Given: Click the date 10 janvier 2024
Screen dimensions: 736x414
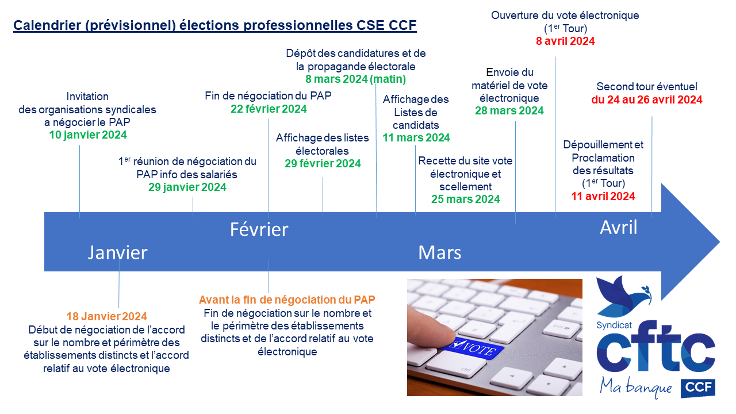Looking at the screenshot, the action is click(88, 135).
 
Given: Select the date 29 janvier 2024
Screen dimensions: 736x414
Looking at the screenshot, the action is click(187, 187).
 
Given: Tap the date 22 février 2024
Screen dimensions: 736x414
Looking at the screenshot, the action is click(269, 109).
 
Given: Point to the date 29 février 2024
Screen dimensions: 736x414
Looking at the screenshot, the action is click(323, 163).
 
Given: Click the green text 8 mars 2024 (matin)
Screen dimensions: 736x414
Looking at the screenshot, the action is click(356, 79).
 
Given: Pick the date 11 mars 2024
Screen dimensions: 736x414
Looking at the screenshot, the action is click(416, 137).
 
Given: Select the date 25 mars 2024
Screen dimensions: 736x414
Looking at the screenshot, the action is click(466, 199).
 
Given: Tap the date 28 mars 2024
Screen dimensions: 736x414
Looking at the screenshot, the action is click(509, 110).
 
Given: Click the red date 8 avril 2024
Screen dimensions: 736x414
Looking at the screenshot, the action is click(565, 41).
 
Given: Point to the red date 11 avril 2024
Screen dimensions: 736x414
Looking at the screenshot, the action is click(603, 196).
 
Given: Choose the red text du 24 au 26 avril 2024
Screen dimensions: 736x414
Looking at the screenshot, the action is click(647, 99).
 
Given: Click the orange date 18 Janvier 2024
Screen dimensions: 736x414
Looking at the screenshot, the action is click(107, 316).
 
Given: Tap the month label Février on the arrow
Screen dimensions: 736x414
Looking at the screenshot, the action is click(259, 229).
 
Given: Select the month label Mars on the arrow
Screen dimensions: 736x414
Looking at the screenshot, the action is click(440, 252).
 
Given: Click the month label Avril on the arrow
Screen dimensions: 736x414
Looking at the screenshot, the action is click(619, 227).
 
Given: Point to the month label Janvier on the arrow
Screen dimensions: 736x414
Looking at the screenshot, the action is click(118, 252).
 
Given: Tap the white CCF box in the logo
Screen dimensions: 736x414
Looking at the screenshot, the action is click(698, 388).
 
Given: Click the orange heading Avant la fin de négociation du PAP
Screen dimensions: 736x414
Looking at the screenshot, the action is click(287, 300).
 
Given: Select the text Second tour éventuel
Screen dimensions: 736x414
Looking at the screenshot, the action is click(647, 87).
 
